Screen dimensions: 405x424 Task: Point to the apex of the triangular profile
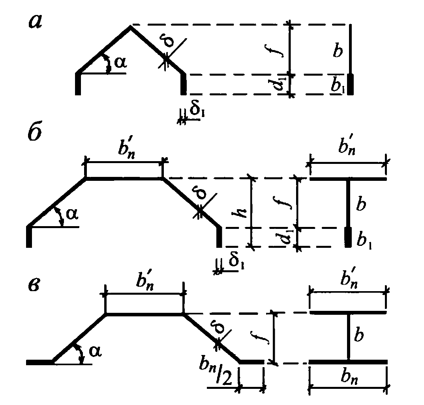click(131, 26)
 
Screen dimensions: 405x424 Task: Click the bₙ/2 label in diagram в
click(219, 375)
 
